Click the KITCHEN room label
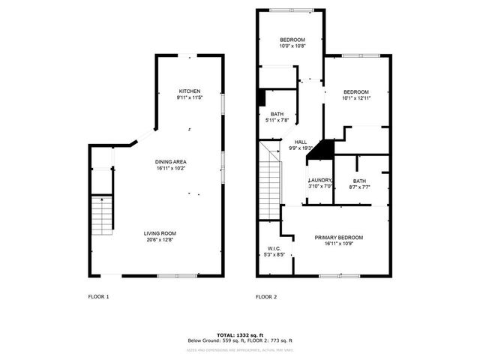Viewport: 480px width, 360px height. coord(189,91)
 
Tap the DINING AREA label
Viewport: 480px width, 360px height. coord(171,162)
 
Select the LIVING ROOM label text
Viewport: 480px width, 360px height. coord(160,233)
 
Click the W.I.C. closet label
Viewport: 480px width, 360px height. coord(274,248)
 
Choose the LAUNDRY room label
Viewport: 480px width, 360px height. coord(320,181)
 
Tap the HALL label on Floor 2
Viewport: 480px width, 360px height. coord(301,142)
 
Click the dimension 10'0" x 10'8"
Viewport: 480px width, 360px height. coord(292,46)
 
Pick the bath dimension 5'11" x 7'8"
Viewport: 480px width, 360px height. coord(277,120)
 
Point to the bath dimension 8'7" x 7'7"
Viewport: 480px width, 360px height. coord(359,187)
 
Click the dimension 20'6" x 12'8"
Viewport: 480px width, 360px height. coord(160,240)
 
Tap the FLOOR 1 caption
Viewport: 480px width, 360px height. coord(99,297)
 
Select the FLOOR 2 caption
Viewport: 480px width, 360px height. coord(266,297)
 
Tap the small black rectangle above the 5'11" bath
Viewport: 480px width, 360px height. coord(261,98)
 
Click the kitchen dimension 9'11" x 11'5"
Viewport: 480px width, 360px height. coord(189,97)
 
